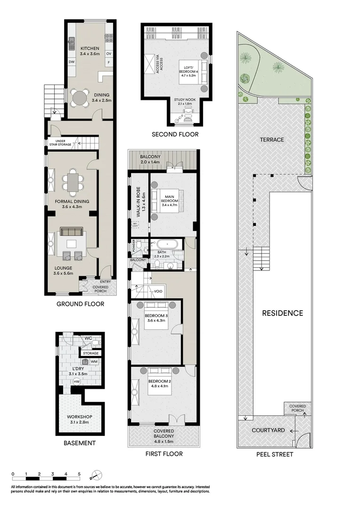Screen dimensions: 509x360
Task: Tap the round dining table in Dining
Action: pos(80,98)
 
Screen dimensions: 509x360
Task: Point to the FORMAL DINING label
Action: pos(72,201)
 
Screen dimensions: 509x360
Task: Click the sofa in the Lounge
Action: pos(72,231)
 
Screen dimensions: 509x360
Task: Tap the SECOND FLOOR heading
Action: pos(175,135)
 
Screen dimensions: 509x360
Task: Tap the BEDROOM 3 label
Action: pos(155,316)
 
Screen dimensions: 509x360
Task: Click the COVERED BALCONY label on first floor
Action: pos(164,434)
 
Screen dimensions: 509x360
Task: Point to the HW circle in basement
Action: pos(76,382)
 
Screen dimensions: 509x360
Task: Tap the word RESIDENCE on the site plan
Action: pos(282,313)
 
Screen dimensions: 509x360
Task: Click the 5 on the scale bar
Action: pos(79,474)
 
